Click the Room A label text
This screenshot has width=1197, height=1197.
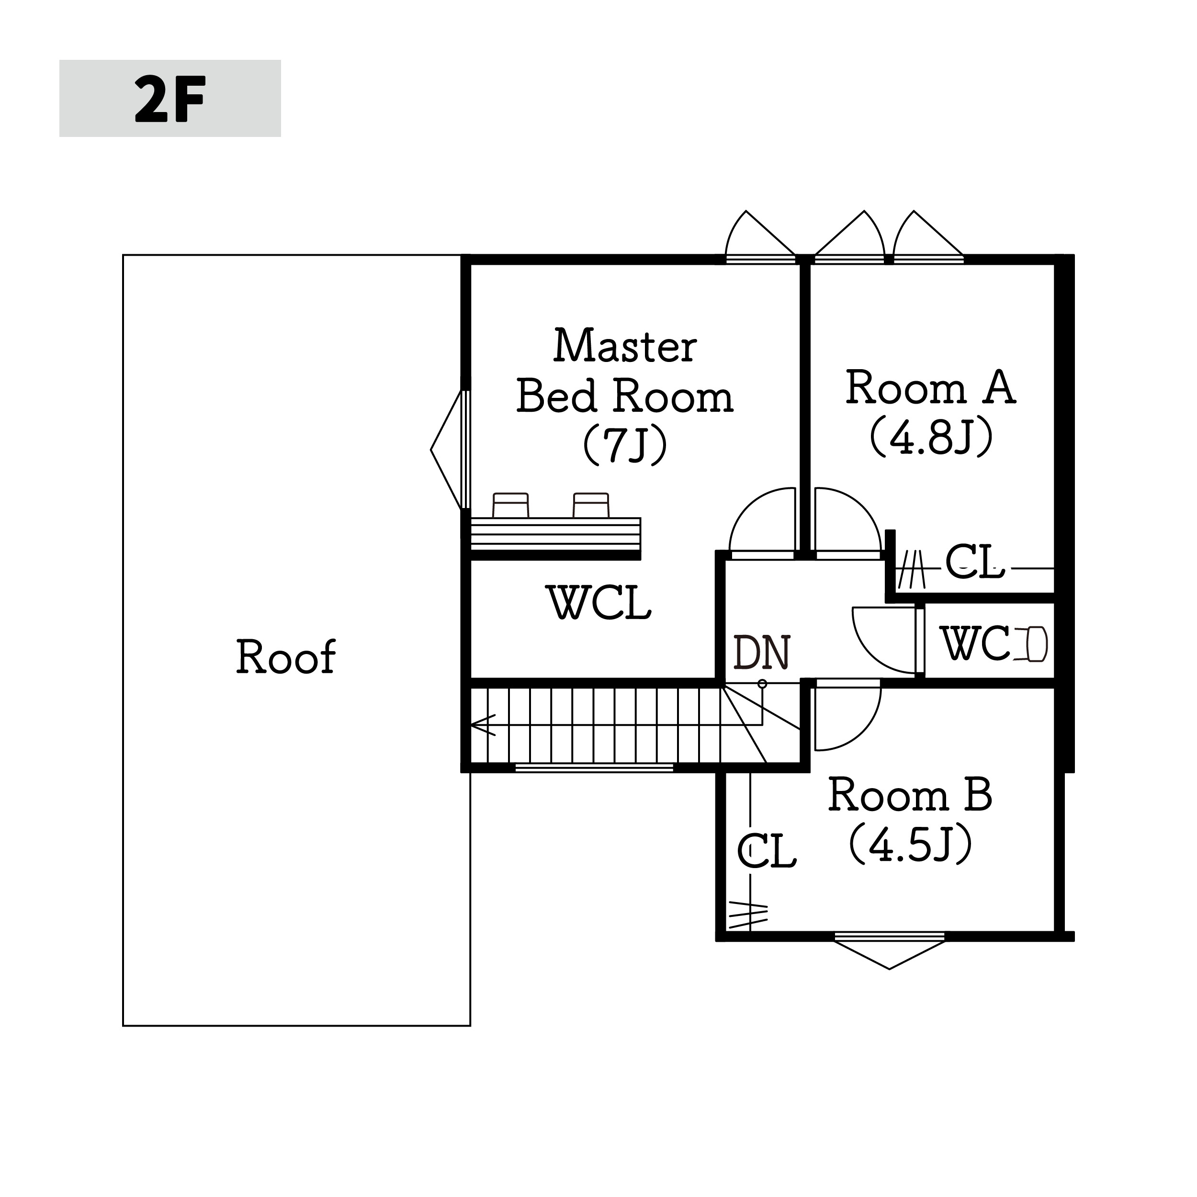(931, 413)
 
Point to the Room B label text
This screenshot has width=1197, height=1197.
(910, 820)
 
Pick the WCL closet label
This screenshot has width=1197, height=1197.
(600, 602)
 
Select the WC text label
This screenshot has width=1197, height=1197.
(975, 643)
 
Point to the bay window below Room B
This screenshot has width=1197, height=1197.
(890, 952)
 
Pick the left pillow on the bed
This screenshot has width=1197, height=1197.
(510, 505)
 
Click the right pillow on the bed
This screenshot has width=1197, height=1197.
(591, 505)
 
